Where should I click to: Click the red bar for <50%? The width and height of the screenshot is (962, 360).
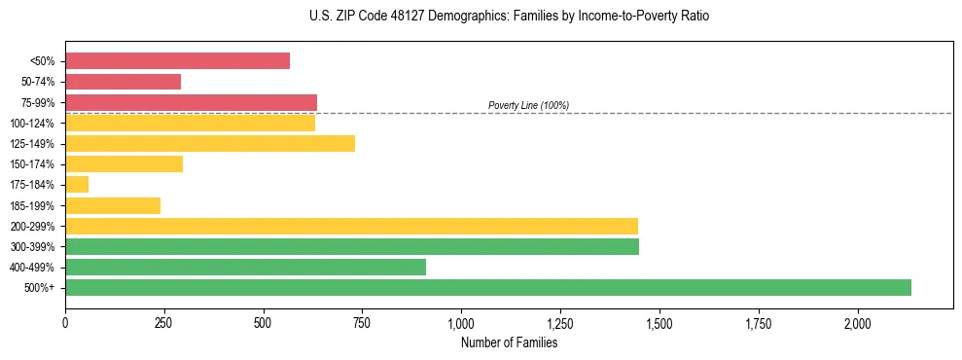pos(177,61)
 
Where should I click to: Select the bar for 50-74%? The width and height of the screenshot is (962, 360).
pos(123,82)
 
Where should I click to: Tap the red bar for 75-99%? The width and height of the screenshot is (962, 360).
pos(191,102)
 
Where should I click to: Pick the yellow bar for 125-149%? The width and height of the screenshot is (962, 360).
pos(210,143)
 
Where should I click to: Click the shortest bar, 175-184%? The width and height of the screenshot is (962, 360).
pos(77,185)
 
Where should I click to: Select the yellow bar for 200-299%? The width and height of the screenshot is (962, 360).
pos(351,226)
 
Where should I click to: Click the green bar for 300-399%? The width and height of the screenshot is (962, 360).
pos(352,246)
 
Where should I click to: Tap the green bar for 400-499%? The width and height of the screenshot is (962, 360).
pos(245,267)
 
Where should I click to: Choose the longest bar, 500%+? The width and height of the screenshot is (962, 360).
pos(488,287)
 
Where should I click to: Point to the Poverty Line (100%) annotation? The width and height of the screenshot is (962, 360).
pos(528,105)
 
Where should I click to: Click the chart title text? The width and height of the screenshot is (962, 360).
pos(481,17)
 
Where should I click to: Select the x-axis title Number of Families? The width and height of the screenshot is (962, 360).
pos(509,342)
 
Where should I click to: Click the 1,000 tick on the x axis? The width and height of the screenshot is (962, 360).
pos(461,323)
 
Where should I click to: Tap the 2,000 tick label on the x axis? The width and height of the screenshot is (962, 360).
pos(858,323)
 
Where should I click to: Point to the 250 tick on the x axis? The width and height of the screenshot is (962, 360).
pos(164,323)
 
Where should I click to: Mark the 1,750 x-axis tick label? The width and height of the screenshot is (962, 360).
pos(759,323)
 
